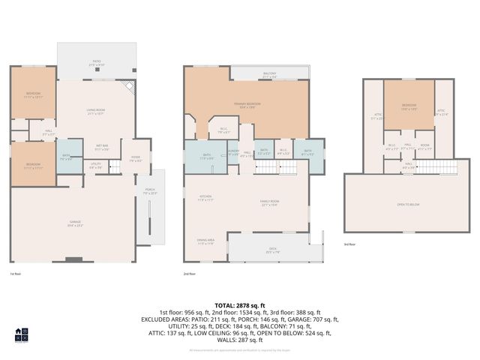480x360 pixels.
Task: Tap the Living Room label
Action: point(95,113)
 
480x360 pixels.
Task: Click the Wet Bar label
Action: point(102,148)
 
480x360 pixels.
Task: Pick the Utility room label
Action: point(96,166)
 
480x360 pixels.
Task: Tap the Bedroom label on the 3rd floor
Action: point(409,106)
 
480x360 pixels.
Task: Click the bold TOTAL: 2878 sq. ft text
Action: point(239,306)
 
